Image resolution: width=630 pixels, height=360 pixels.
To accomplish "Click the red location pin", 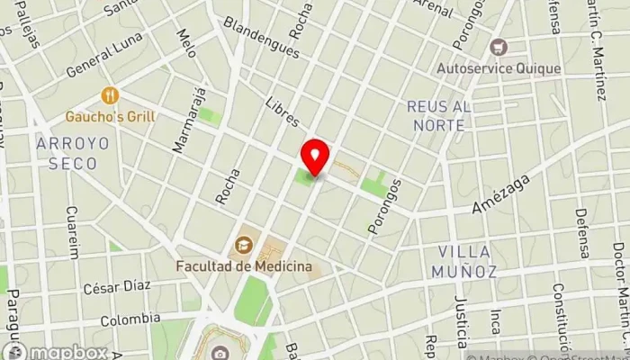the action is [314, 157].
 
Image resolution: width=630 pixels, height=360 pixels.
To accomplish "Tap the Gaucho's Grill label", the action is [111, 116].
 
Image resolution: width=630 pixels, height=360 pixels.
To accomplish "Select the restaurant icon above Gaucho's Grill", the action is [111, 95].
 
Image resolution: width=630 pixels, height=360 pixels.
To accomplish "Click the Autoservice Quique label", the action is [498, 67].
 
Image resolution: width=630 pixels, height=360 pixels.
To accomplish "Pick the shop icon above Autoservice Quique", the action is [498, 46].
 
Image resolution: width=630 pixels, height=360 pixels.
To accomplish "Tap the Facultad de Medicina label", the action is [244, 266].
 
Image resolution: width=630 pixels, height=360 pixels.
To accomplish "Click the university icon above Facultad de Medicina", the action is [244, 245].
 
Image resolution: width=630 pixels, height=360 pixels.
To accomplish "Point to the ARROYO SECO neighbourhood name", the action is [73, 154].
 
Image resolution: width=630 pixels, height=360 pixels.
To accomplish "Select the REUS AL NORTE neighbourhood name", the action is [438, 116].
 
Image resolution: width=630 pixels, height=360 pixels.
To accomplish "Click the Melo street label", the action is [187, 43].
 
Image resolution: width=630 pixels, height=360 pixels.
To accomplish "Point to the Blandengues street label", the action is [261, 37].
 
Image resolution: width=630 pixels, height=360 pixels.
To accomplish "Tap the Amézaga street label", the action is [498, 196].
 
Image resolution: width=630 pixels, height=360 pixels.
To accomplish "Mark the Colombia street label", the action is [130, 319].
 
